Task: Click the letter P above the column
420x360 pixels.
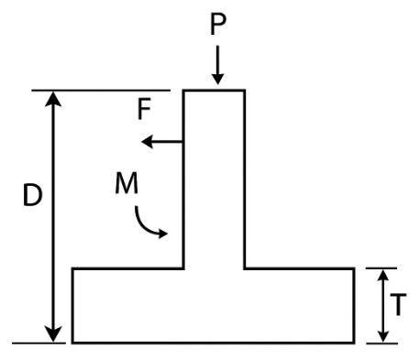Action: [x=217, y=24]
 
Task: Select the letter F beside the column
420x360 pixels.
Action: [x=144, y=110]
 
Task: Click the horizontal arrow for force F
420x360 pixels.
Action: [x=161, y=142]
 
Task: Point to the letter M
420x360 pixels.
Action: [x=127, y=183]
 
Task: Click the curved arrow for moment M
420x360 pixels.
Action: [x=149, y=223]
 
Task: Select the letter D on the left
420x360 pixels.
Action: [x=33, y=198]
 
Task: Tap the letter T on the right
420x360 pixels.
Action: [x=397, y=306]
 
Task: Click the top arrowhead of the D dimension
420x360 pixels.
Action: [x=55, y=99]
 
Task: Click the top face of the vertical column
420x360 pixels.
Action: [x=215, y=90]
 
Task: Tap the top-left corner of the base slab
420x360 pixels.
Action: [x=73, y=268]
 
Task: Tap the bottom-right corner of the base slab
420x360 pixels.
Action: [x=354, y=343]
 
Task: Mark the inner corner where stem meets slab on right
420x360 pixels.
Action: [x=244, y=268]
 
